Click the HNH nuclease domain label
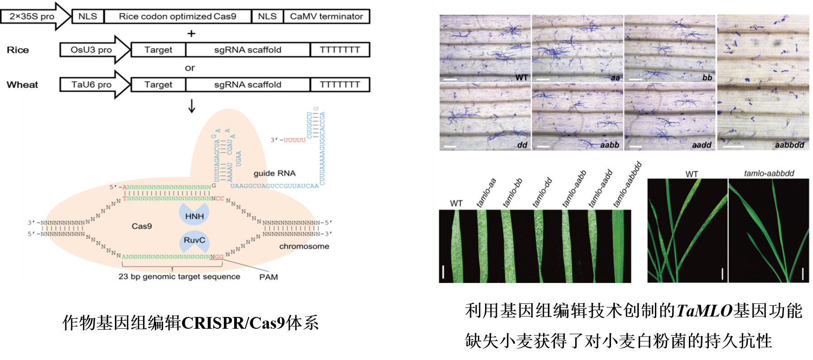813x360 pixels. [194, 216]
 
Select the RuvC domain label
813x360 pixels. [194, 240]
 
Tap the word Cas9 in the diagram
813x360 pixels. [142, 226]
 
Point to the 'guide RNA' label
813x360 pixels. [274, 173]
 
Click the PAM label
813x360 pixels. [269, 277]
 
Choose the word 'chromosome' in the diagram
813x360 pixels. [304, 246]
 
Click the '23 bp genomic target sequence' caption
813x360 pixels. [179, 276]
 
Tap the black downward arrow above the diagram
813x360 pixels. [192, 106]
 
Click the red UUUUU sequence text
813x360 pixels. [294, 140]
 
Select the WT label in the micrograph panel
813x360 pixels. [521, 77]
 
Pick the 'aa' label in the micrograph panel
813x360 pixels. [615, 77]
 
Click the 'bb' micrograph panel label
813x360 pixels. [707, 77]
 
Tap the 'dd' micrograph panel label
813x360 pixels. [522, 145]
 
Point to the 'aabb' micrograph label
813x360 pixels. [610, 145]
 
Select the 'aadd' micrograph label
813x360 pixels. [702, 145]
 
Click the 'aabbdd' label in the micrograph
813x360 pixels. [789, 145]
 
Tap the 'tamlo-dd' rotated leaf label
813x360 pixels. [542, 193]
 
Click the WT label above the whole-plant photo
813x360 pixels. [692, 174]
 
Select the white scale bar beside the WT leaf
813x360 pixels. [443, 272]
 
